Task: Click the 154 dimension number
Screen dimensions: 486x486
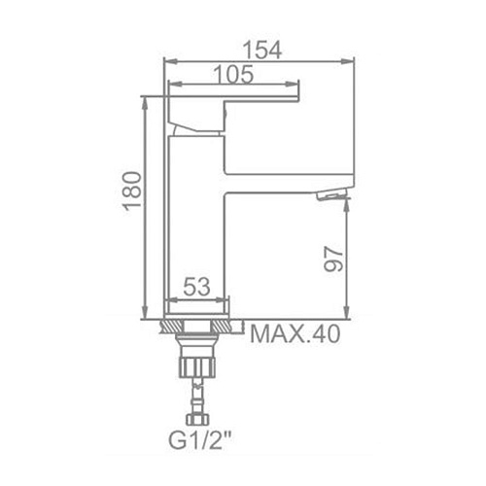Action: tap(262, 51)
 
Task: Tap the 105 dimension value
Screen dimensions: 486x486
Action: tap(233, 75)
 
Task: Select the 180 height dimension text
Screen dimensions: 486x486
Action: tap(133, 191)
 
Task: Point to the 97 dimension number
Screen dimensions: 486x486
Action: tap(333, 259)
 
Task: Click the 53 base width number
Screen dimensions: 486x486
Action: tap(196, 287)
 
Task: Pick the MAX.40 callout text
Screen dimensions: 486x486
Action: tap(295, 334)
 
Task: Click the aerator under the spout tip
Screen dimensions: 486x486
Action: tap(331, 195)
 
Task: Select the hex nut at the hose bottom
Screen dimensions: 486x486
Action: tap(197, 419)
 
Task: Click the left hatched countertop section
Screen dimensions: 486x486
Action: tap(172, 326)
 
